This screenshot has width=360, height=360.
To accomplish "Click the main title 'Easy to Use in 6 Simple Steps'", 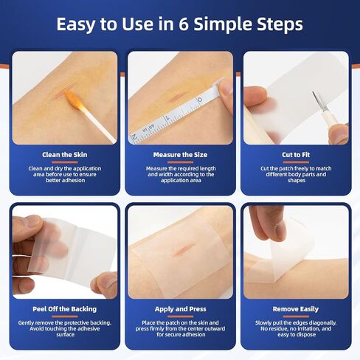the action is tap(180, 24).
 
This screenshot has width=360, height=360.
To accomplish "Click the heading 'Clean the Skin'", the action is tap(65, 155).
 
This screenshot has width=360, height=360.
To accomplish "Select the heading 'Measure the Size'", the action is tap(180, 155).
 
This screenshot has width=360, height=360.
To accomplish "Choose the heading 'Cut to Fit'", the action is tap(296, 155).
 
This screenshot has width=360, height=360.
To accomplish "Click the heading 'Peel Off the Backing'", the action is tap(65, 309).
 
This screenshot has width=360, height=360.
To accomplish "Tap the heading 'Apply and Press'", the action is tap(181, 309).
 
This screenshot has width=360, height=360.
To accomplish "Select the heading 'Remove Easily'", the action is tap(296, 309).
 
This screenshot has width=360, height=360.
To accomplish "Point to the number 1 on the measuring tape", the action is tap(167, 118).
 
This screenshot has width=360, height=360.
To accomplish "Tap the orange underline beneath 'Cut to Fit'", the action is tap(296, 162).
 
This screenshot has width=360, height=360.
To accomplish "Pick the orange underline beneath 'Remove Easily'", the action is tap(296, 316).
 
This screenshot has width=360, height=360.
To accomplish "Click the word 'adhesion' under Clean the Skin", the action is tap(73, 180).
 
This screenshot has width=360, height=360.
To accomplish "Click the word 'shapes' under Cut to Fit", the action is tap(297, 181).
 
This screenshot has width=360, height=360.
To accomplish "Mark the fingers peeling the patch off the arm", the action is tap(268, 223).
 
